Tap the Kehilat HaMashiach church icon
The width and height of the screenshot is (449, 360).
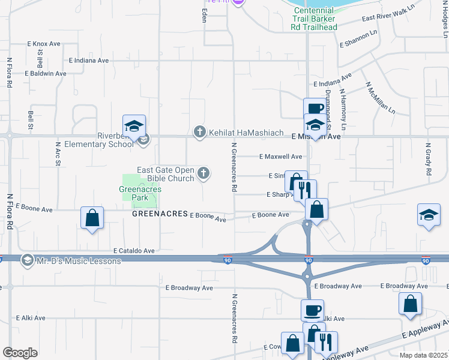point(199,131)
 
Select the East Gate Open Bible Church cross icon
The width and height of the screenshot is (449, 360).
point(204,173)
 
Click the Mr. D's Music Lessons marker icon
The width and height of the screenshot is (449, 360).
point(26,260)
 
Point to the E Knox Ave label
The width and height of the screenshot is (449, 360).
point(44,44)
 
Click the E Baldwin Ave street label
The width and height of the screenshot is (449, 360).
point(46,73)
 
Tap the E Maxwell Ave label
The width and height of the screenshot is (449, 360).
point(280,157)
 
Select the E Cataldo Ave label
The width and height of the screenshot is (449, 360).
point(134,251)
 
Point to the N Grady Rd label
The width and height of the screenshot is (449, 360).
point(429,159)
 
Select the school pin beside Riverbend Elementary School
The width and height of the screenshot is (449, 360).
point(134,125)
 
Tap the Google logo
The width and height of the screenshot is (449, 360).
point(20,353)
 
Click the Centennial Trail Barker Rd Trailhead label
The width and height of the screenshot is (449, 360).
point(314,19)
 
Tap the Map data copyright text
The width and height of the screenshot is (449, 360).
point(423,355)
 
